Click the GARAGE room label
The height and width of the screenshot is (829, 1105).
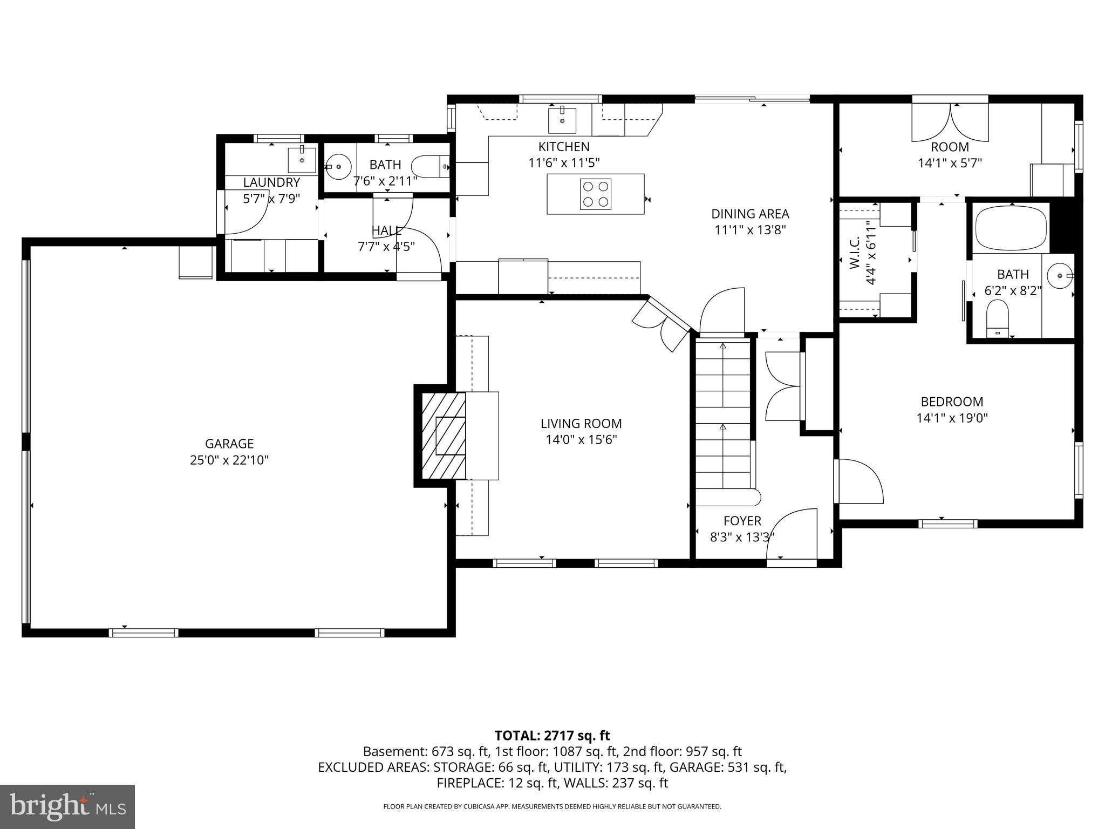tap(229, 444)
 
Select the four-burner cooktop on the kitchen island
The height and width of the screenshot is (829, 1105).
tap(596, 194)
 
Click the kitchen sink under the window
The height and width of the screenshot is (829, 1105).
tap(562, 120)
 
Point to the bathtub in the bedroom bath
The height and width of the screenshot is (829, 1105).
tap(1011, 229)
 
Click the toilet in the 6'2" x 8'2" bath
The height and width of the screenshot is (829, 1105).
tap(997, 318)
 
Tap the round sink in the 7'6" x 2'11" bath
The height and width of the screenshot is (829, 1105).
tap(338, 167)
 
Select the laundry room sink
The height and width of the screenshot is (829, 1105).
tap(302, 159)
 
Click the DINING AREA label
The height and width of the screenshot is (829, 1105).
tap(750, 214)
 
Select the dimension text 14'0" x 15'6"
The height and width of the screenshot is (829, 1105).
tap(581, 440)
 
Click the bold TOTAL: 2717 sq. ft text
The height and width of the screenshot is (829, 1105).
tap(552, 735)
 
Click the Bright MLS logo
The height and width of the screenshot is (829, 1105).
tap(67, 806)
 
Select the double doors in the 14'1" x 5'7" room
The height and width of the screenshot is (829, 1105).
tap(950, 124)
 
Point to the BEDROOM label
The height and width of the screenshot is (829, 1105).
tap(952, 402)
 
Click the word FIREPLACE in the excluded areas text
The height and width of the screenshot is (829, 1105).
tap(468, 783)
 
